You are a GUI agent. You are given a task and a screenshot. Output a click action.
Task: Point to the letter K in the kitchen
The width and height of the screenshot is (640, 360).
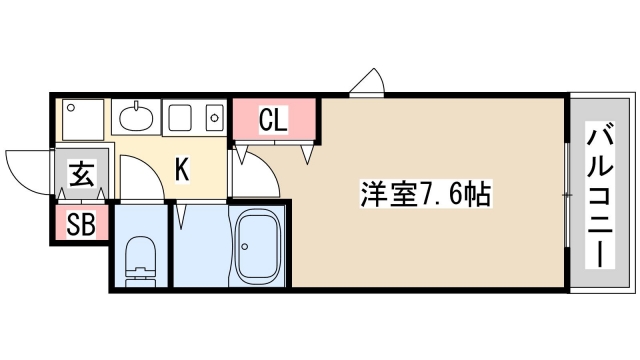(x=182, y=169)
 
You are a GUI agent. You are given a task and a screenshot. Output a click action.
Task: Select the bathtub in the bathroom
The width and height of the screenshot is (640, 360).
(x=258, y=246)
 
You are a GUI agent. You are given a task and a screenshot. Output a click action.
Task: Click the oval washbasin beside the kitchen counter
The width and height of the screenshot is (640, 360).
(x=136, y=120)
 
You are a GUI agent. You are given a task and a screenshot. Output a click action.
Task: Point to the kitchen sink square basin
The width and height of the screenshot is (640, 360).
(x=180, y=120)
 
